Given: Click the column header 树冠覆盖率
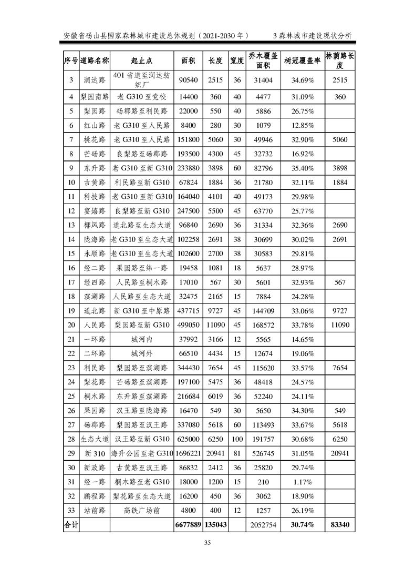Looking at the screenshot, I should pyautogui.click(x=302, y=61).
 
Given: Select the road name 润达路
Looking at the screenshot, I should pyautogui.click(x=95, y=80).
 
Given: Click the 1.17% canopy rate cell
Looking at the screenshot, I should pyautogui.click(x=302, y=481).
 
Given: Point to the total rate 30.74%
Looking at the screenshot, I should pyautogui.click(x=302, y=524).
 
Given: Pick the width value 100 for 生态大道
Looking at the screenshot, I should pyautogui.click(x=237, y=439).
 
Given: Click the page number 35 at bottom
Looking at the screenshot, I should pyautogui.click(x=207, y=543).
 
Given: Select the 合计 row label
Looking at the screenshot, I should pyautogui.click(x=71, y=524).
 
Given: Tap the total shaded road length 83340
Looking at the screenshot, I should pyautogui.click(x=340, y=524).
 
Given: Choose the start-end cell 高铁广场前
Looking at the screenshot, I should pyautogui.click(x=141, y=510).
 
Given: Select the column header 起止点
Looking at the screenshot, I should pyautogui.click(x=141, y=61).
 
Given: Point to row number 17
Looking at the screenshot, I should pyautogui.click(x=71, y=282).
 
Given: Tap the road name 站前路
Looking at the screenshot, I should pyautogui.click(x=95, y=510).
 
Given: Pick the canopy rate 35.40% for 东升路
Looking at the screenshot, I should pyautogui.click(x=302, y=168).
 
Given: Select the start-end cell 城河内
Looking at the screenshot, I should pyautogui.click(x=141, y=339).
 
